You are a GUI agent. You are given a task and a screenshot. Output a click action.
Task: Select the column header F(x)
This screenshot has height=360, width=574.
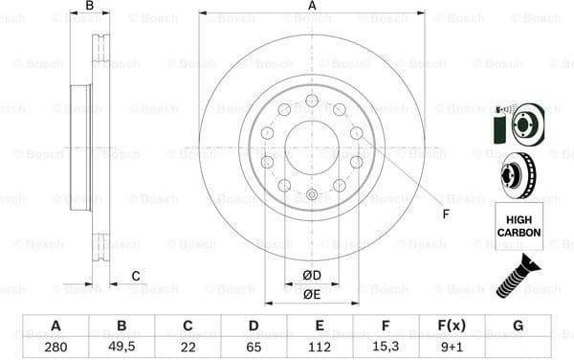click(452, 326)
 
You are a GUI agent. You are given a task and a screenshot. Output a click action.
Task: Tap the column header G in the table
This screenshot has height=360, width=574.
click(518, 326)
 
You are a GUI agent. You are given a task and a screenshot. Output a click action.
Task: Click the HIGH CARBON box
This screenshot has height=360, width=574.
click(519, 226)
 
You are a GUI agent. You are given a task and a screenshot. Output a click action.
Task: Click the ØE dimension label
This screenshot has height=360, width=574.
click(311, 295)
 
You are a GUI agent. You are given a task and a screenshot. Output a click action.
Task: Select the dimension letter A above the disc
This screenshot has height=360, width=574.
click(312, 6)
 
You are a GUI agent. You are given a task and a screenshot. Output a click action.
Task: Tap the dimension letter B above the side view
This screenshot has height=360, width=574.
click(90, 6)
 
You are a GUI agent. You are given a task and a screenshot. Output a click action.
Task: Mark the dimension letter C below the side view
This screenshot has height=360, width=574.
click(135, 277)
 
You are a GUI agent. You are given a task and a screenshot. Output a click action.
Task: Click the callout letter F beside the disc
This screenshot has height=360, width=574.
click(446, 213)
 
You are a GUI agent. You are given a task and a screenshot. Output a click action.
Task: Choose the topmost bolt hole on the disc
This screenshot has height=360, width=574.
click(312, 100)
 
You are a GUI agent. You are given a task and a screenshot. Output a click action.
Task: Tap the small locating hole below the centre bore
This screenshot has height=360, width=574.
click(312, 194)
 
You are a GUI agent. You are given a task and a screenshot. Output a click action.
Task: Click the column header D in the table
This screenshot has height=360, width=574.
click(253, 326)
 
